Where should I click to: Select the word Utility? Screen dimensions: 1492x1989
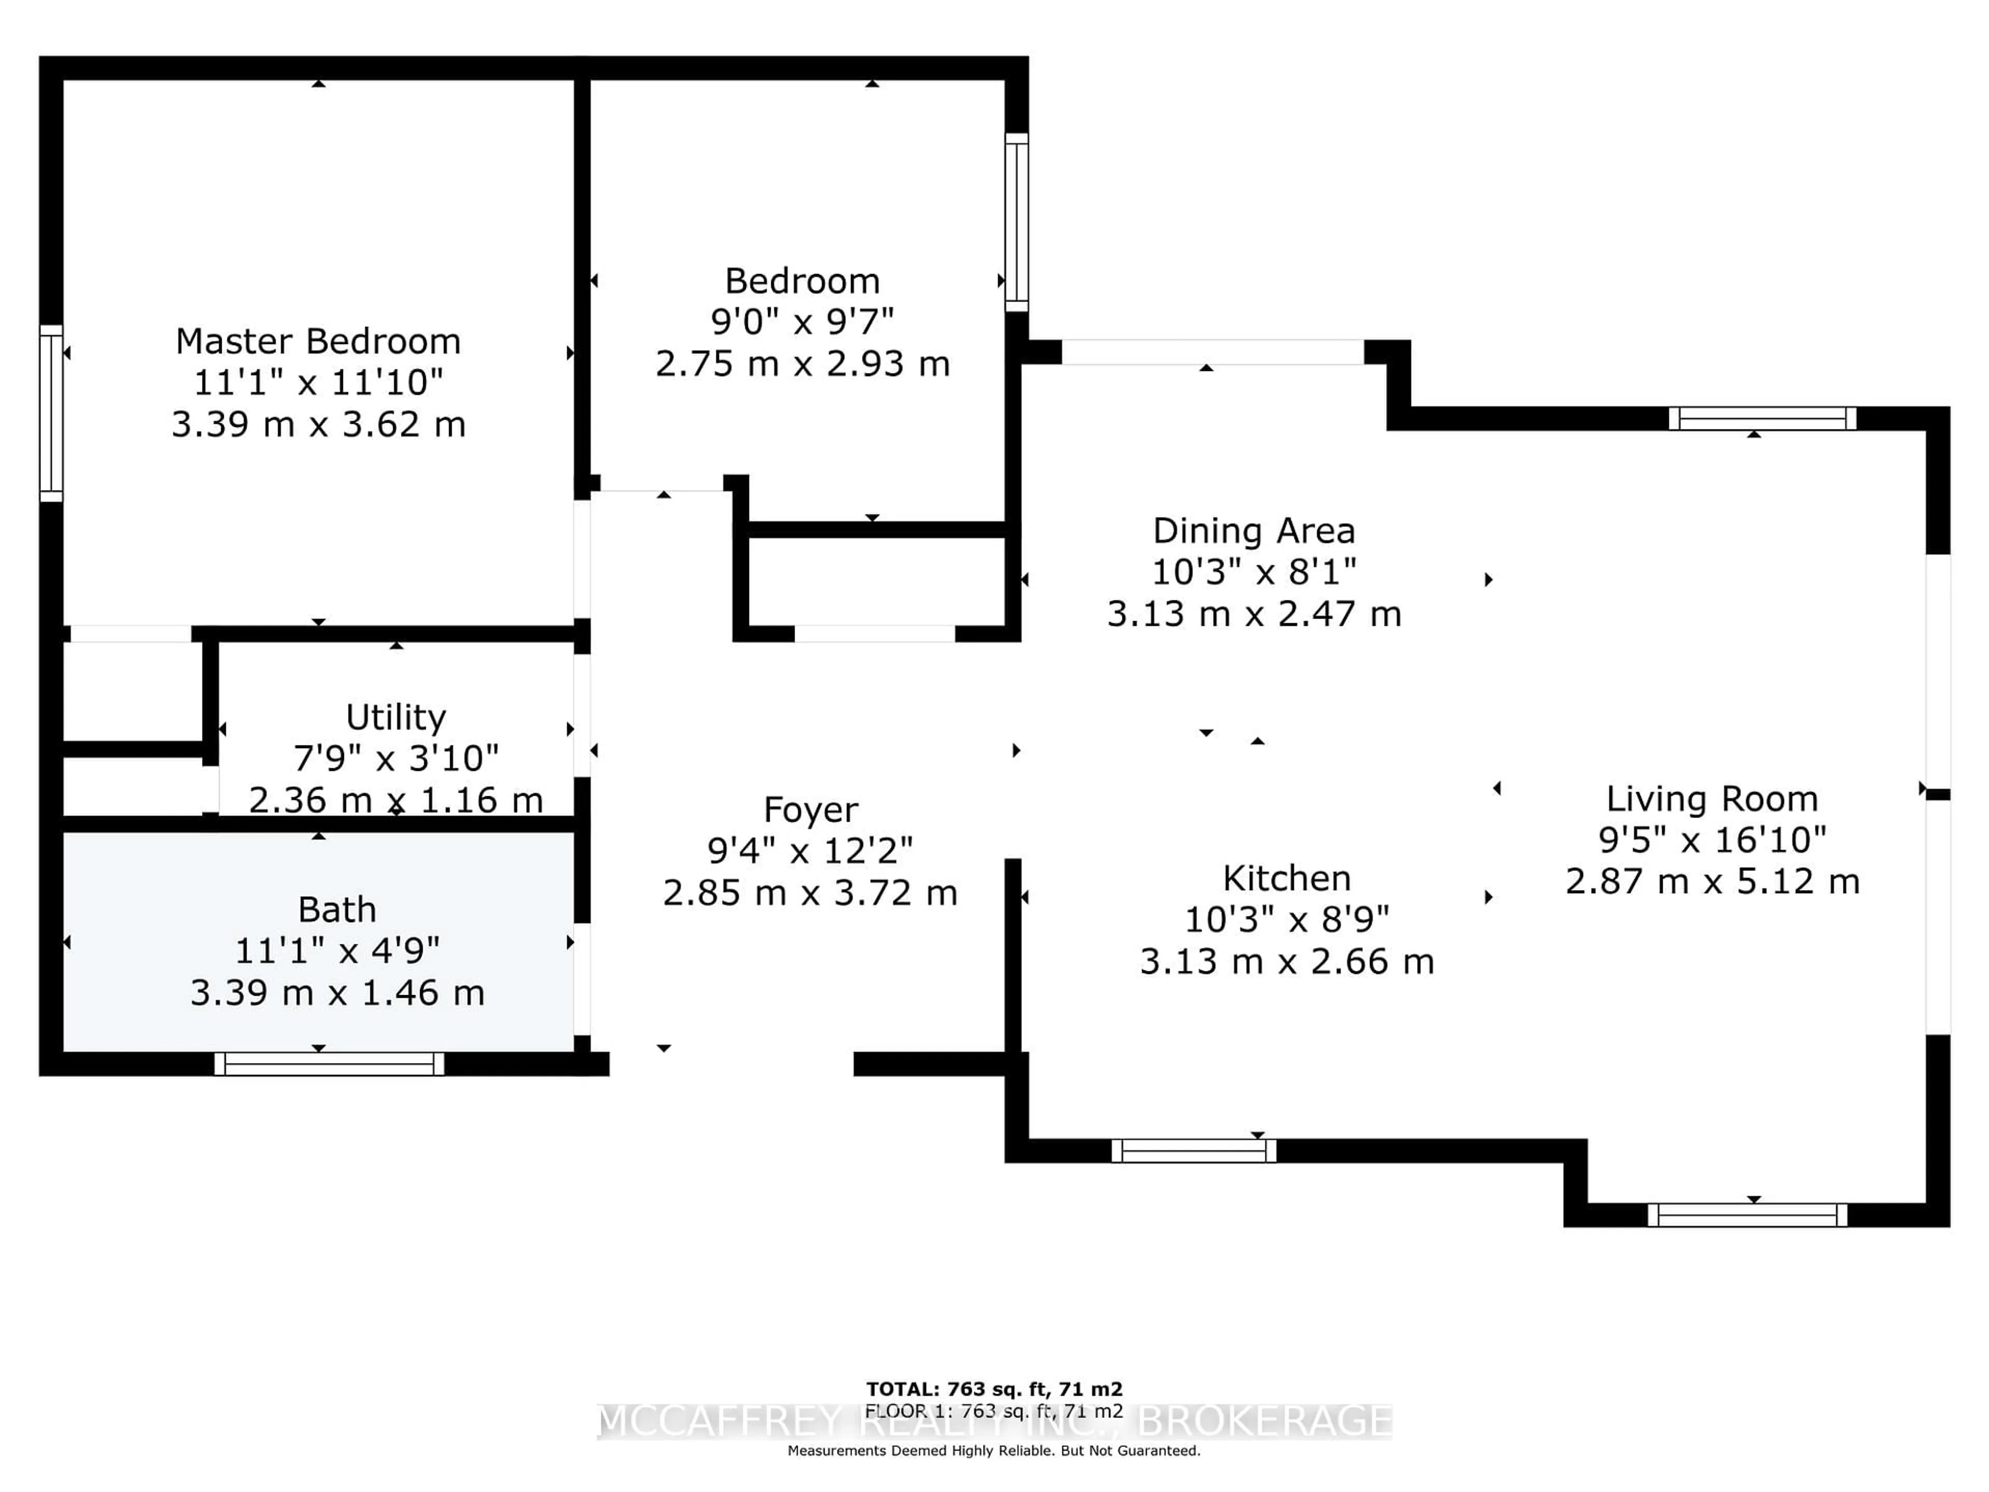[396, 717]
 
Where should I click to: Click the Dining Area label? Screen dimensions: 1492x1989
[1253, 530]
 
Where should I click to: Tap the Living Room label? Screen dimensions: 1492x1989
[1711, 799]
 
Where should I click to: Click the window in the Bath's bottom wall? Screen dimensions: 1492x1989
[329, 1064]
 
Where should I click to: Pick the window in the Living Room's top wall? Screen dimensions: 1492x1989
[1762, 418]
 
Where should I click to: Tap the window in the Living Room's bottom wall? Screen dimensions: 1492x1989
[1747, 1215]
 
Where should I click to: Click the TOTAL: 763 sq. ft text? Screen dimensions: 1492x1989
[993, 1389]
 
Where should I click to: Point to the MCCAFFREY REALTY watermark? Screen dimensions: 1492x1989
[993, 1421]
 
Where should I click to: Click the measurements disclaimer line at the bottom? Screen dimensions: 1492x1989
[993, 1451]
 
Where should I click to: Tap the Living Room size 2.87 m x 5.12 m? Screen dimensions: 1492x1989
[1711, 881]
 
